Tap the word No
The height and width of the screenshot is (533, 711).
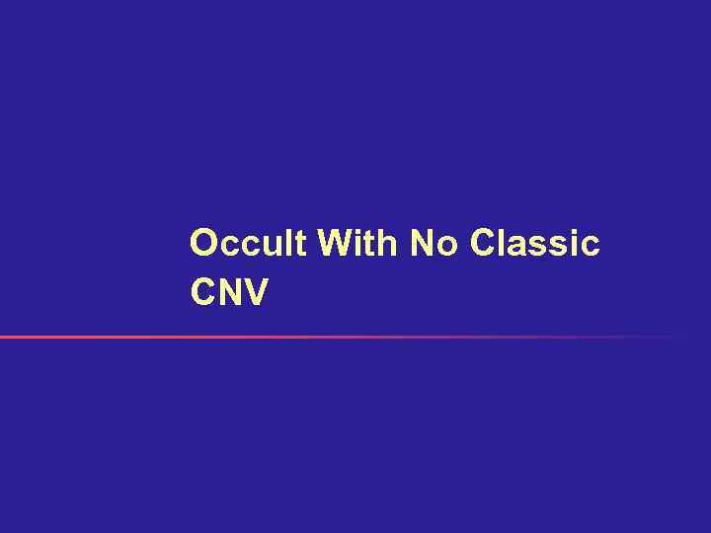pyautogui.click(x=434, y=243)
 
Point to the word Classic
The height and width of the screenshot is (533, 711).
pyautogui.click(x=535, y=243)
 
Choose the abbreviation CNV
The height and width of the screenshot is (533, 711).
pyautogui.click(x=228, y=292)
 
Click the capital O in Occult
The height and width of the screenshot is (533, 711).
pyautogui.click(x=203, y=243)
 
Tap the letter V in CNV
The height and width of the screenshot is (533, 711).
pyautogui.click(x=254, y=292)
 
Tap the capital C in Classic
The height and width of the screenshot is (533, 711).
pyautogui.click(x=485, y=243)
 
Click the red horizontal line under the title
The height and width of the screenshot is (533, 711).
pyautogui.click(x=296, y=338)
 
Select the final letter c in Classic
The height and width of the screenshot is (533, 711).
pyautogui.click(x=590, y=246)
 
